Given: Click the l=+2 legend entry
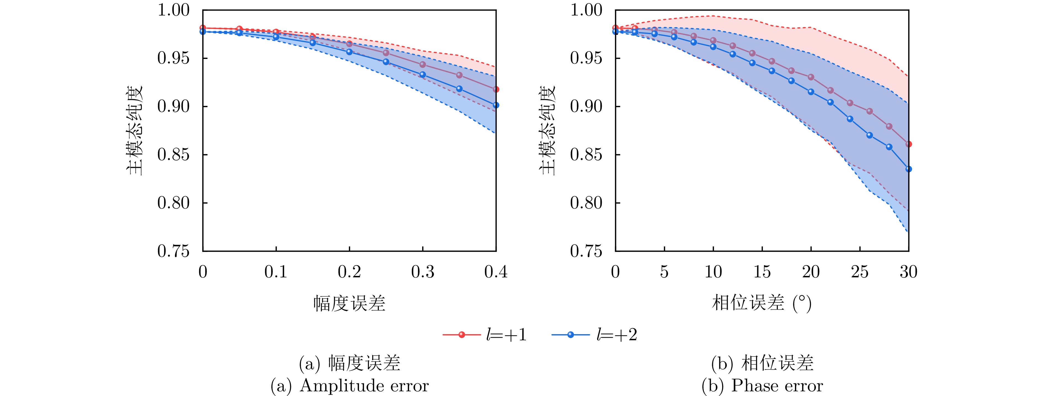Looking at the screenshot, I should [594, 335].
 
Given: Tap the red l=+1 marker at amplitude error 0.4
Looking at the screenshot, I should [496, 89].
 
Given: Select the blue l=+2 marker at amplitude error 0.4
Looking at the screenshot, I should [496, 105].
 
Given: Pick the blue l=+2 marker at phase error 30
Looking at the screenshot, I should [909, 169].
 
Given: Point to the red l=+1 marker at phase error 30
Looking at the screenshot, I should [909, 144].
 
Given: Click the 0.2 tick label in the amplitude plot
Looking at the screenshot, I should [349, 272].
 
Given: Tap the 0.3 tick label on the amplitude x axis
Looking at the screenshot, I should [422, 272].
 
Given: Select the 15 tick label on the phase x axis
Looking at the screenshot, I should [762, 272].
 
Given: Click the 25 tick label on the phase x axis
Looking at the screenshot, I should [860, 272].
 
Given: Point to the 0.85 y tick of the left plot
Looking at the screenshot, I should [173, 155].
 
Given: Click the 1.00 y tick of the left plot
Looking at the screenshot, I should [173, 10].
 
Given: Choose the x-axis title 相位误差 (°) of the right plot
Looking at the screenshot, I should [762, 303].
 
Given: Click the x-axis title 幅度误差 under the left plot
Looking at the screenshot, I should [349, 303].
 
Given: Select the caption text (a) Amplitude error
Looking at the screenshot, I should [349, 386].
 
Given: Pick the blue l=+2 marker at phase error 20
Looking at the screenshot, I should [811, 92].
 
